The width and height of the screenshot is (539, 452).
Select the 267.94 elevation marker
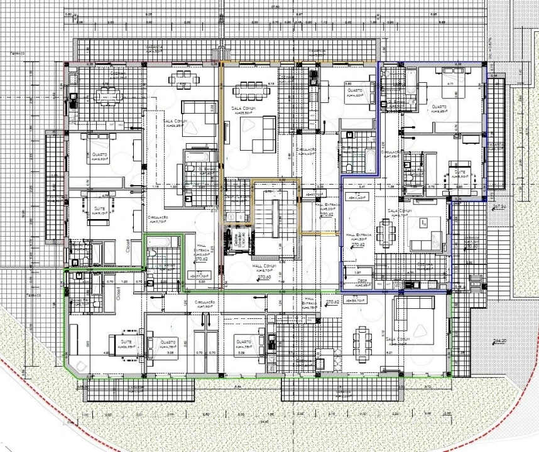click(x=499, y=207)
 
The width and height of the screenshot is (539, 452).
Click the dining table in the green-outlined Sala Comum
click(x=362, y=344)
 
